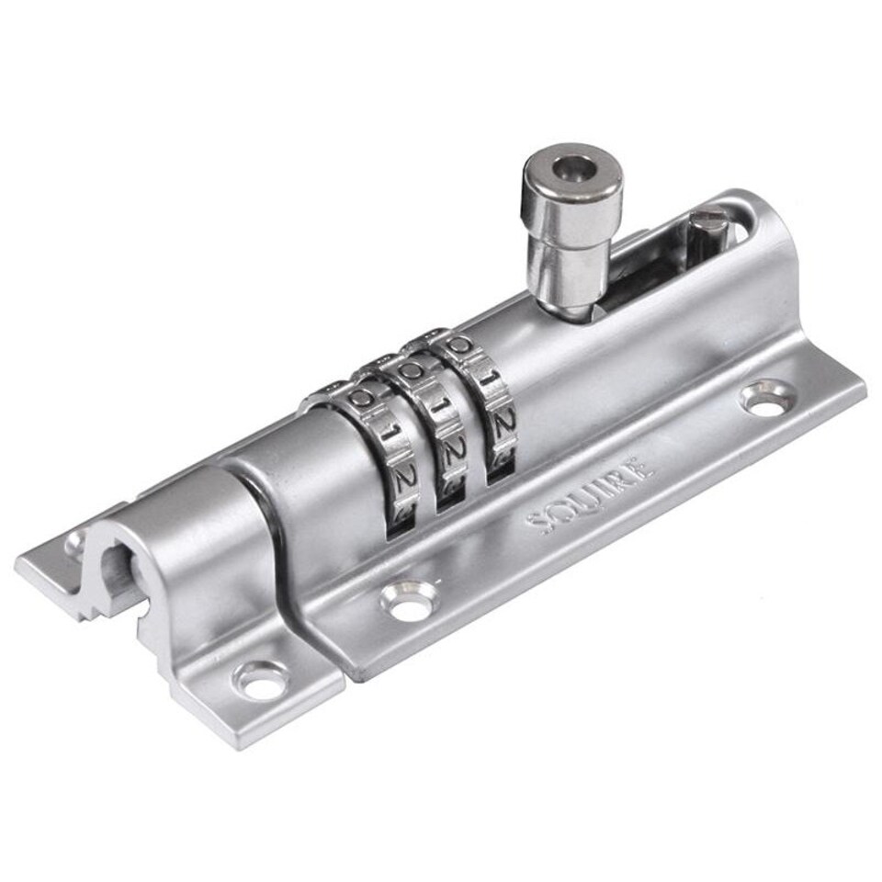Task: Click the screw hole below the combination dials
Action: pos(405,602)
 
